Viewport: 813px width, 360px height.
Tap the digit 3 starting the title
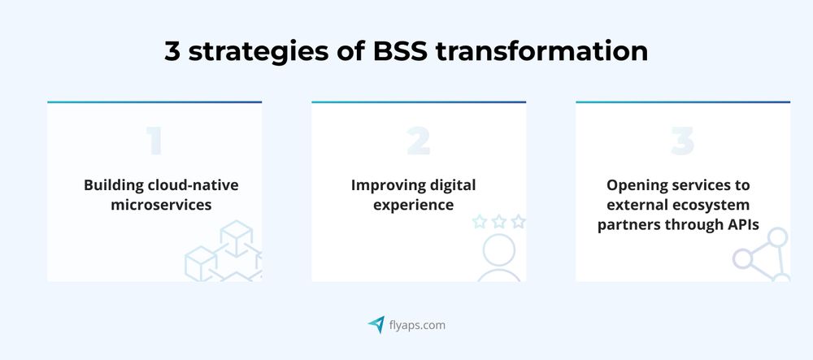point(173,50)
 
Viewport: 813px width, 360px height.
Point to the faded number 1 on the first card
point(154,142)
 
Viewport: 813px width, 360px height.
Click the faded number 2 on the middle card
point(418,142)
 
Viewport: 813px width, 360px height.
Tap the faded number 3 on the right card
point(682,142)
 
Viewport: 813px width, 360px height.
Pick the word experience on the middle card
point(413,205)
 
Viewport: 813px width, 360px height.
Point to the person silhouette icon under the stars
point(498,258)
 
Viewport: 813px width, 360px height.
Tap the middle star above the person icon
point(498,222)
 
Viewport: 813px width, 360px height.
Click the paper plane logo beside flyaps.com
point(376,325)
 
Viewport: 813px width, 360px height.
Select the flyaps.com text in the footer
point(416,325)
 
